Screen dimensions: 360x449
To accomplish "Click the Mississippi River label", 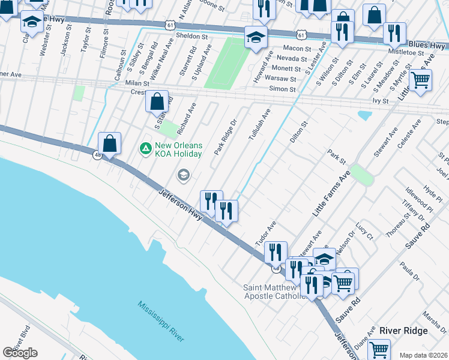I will point(160,322).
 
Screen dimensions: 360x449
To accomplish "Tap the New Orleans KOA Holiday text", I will point(179,149).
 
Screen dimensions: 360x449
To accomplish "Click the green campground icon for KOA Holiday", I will point(145,147).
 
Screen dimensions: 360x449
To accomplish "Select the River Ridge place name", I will point(403,331).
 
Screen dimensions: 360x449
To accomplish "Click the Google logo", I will point(20,352).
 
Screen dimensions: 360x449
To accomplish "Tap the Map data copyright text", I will point(424,355).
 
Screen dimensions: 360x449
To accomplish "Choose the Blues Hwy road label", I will point(426,46).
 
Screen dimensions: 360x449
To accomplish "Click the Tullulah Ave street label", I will point(260,125).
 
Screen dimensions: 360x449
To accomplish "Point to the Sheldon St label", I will point(191,36).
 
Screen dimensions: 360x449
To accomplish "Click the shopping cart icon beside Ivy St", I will point(420,79).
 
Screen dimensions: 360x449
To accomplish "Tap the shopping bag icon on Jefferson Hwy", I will point(109,144).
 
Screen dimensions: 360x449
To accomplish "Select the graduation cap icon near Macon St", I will point(256,38).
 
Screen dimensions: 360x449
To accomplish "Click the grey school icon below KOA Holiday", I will point(183,175).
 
